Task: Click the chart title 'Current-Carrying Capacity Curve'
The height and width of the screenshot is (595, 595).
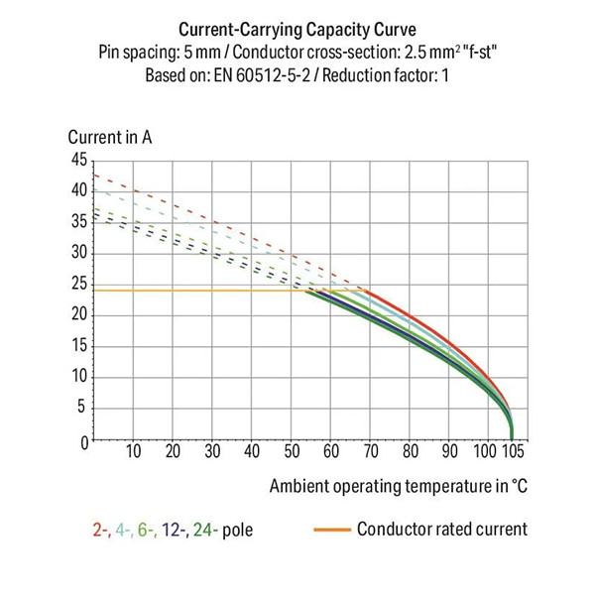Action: coord(297,30)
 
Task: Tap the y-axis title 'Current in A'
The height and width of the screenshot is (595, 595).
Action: coord(108,136)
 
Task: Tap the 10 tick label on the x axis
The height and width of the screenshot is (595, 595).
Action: coord(133,451)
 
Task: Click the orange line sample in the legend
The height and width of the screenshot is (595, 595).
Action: coord(323,530)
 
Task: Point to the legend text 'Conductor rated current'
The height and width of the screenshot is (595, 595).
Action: coord(441,530)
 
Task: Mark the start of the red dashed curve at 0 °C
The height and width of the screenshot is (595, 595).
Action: coord(94,175)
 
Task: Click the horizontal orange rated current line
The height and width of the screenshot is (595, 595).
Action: coord(198,291)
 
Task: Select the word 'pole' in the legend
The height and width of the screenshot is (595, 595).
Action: coord(239,530)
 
